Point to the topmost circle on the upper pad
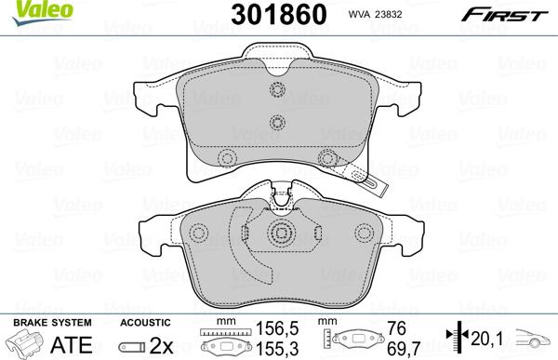tap(275, 90)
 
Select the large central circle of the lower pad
tap(278, 234)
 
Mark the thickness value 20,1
tap(488, 338)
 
